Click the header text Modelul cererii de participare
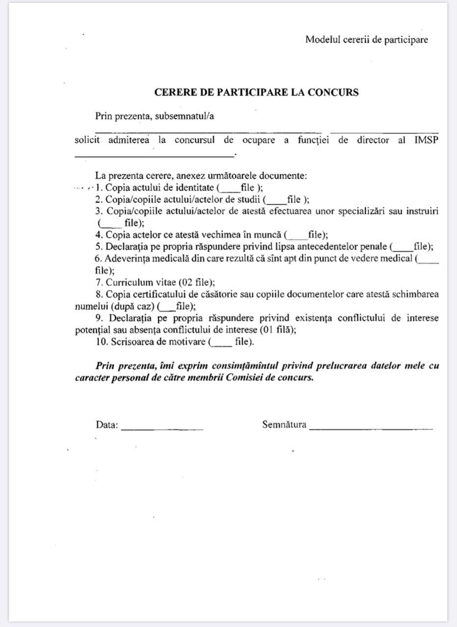click(366, 40)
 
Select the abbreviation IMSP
click(426, 140)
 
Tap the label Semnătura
click(284, 425)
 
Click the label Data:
click(107, 425)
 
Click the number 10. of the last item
click(101, 342)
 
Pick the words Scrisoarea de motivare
click(157, 342)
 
